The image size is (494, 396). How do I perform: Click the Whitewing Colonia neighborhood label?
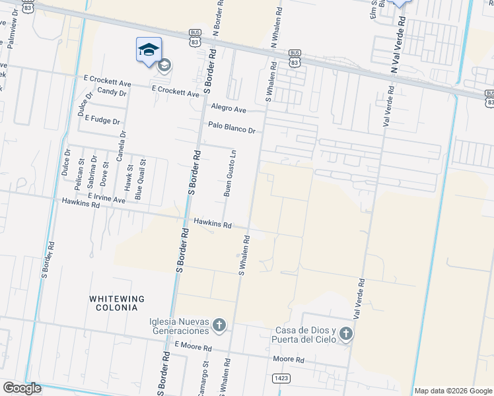pyautogui.click(x=114, y=303)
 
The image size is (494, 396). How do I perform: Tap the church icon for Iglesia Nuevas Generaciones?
pyautogui.click(x=219, y=325)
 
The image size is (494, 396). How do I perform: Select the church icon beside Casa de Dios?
pyautogui.click(x=346, y=335)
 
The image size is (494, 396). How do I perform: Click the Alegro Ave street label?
pyautogui.click(x=229, y=108)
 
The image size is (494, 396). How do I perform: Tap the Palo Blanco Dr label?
pyautogui.click(x=231, y=127)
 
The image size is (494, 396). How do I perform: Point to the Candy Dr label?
pyautogui.click(x=111, y=92)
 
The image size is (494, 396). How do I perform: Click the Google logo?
pyautogui.click(x=22, y=388)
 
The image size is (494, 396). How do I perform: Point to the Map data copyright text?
pyautogui.click(x=453, y=391)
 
